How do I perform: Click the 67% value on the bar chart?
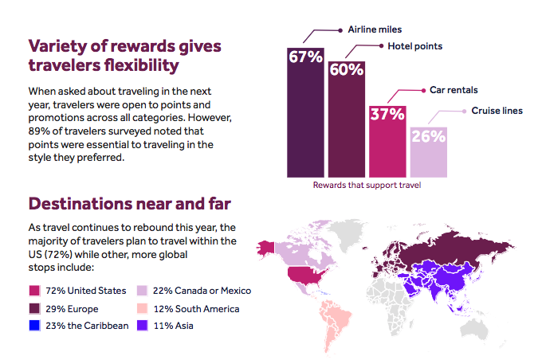point(306,59)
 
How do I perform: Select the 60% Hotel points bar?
point(347,119)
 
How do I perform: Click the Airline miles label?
point(374,29)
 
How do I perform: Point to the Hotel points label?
point(414,46)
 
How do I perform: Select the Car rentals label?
point(455,91)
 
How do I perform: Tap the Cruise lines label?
point(497,111)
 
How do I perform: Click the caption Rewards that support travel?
point(367,186)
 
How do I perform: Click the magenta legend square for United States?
point(33,291)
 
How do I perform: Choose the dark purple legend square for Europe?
point(33,308)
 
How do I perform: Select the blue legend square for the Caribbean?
point(33,326)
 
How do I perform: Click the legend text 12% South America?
point(192,308)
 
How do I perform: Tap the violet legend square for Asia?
point(142,326)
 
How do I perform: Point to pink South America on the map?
point(335,319)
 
